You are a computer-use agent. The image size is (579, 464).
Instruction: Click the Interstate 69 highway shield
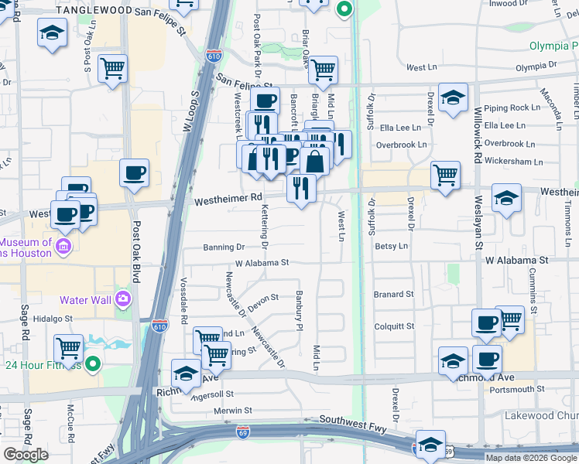point(242,428)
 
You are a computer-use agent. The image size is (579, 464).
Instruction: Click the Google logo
point(26,455)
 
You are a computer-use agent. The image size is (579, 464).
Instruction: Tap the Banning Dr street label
point(224,247)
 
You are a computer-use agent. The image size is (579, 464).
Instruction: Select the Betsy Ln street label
point(391,246)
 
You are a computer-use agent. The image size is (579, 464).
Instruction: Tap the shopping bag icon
point(315,161)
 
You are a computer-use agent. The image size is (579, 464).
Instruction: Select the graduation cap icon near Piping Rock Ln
point(453,97)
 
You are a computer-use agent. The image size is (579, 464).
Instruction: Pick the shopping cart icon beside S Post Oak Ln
point(113,67)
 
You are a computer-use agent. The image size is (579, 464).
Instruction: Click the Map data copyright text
point(530,458)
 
